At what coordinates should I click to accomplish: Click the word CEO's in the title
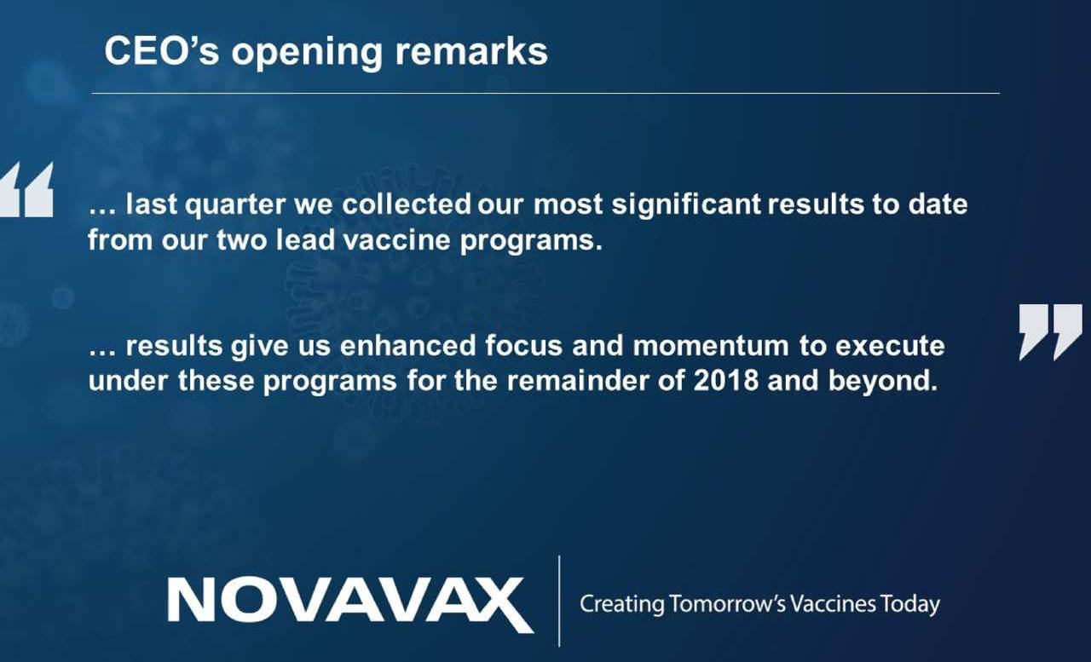pos(162,51)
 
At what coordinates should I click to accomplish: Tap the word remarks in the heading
pos(471,51)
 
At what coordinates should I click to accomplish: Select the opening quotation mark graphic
pos(26,189)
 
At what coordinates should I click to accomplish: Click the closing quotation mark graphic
pos(1051,332)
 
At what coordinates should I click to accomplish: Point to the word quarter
pos(235,205)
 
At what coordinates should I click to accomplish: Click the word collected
pos(407,204)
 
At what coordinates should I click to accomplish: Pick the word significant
pos(686,205)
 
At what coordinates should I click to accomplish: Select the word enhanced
pos(407,345)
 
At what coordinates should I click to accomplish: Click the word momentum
pos(711,346)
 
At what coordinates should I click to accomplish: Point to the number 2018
pos(726,380)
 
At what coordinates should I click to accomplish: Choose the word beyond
pos(882,381)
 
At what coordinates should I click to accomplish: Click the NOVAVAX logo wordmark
pos(350,603)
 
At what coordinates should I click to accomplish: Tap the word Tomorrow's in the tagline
pos(728,604)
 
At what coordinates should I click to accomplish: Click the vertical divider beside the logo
pos(559,601)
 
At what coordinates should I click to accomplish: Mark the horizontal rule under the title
pos(545,93)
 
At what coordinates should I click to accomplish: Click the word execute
pos(890,346)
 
